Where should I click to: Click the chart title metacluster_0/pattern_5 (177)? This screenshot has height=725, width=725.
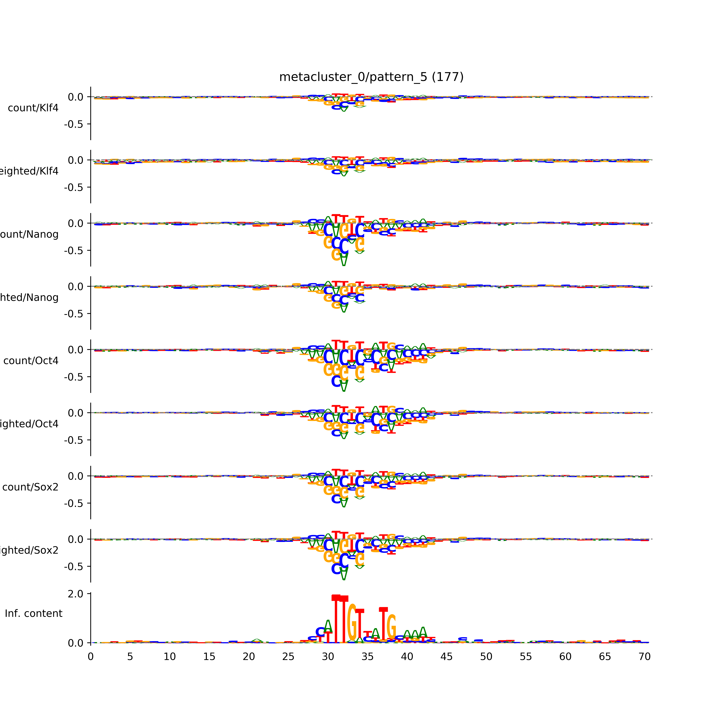click(x=371, y=77)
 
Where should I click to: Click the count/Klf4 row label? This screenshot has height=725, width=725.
click(x=33, y=108)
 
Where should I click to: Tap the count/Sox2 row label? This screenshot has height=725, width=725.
click(x=30, y=487)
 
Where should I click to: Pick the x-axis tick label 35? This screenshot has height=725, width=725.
click(x=367, y=657)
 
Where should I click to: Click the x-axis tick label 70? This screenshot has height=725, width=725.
click(x=644, y=657)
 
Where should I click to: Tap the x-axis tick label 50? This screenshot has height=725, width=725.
click(x=486, y=657)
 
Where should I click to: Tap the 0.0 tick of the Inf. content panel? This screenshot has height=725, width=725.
click(x=75, y=643)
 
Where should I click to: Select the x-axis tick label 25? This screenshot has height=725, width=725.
click(x=288, y=657)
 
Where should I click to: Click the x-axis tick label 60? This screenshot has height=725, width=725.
click(x=565, y=657)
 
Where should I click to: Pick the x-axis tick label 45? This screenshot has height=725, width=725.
click(x=447, y=657)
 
